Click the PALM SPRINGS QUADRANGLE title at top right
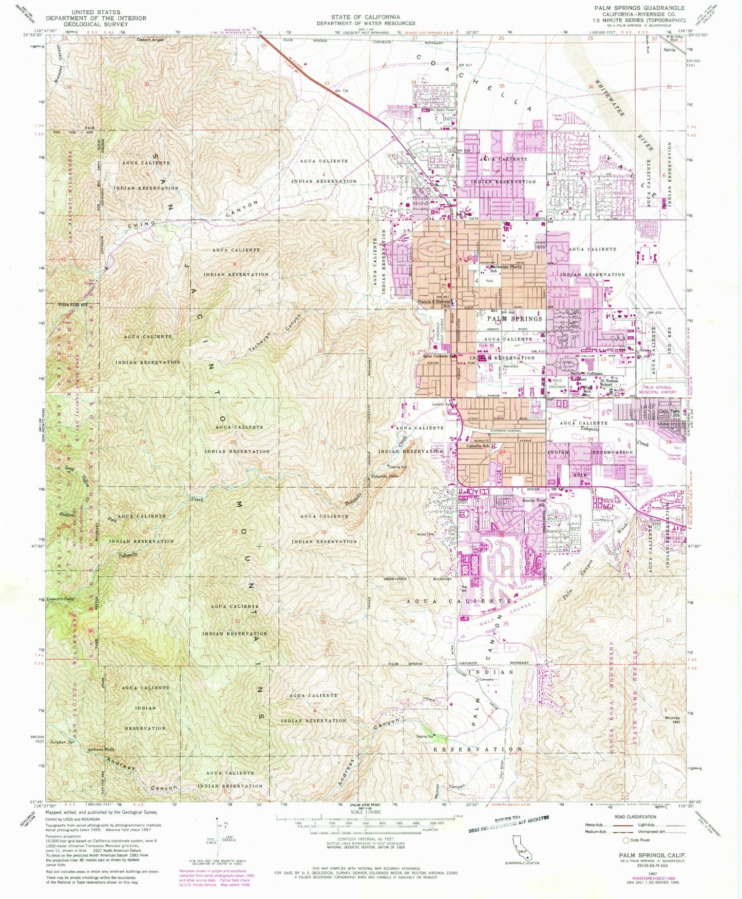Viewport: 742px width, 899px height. click(x=639, y=8)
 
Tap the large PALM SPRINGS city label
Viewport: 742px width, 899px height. click(x=515, y=319)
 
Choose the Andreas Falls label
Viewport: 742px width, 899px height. click(x=101, y=750)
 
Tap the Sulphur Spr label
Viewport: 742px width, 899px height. click(x=63, y=742)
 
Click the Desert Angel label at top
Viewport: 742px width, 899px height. click(x=150, y=40)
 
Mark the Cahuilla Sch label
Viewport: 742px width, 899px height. click(x=478, y=446)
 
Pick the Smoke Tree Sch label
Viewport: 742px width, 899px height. click(x=534, y=502)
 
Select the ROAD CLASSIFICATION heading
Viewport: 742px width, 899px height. click(x=635, y=817)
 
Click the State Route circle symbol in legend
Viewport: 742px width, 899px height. click(x=625, y=840)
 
